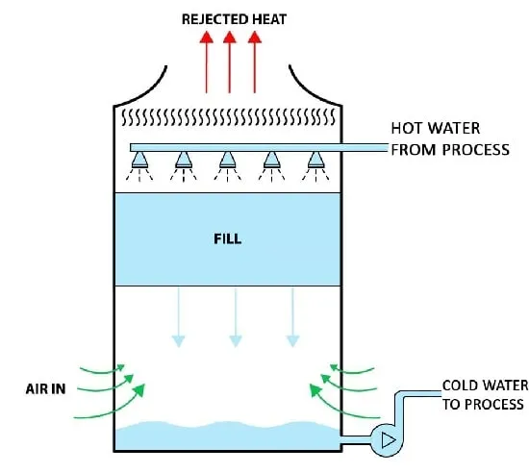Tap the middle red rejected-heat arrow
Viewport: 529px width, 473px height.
[x=230, y=62]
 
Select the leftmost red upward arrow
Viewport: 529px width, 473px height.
[x=206, y=62]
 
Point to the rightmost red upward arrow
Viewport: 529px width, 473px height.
[x=254, y=62]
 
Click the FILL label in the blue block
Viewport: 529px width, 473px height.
[x=228, y=239]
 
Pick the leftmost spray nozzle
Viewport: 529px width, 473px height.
[x=139, y=160]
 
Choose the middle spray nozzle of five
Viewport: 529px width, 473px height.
[x=227, y=160]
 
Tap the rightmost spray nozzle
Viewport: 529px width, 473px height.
[x=315, y=160]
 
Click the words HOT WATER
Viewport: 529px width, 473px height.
[x=435, y=128]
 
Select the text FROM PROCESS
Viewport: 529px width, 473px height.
[x=450, y=150]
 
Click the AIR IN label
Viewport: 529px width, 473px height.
[x=45, y=389]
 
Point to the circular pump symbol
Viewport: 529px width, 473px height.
[x=387, y=440]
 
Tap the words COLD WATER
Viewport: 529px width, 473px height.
[x=485, y=386]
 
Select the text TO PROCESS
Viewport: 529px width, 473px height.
[x=483, y=404]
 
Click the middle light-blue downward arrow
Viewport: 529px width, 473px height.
[x=236, y=317]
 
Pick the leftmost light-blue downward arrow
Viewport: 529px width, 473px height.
[x=179, y=317]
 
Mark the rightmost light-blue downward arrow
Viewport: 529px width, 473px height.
[x=292, y=317]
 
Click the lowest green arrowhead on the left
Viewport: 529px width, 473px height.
[x=139, y=390]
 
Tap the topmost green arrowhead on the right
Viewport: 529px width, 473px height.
[x=334, y=367]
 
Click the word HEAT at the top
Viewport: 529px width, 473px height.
[x=269, y=19]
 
